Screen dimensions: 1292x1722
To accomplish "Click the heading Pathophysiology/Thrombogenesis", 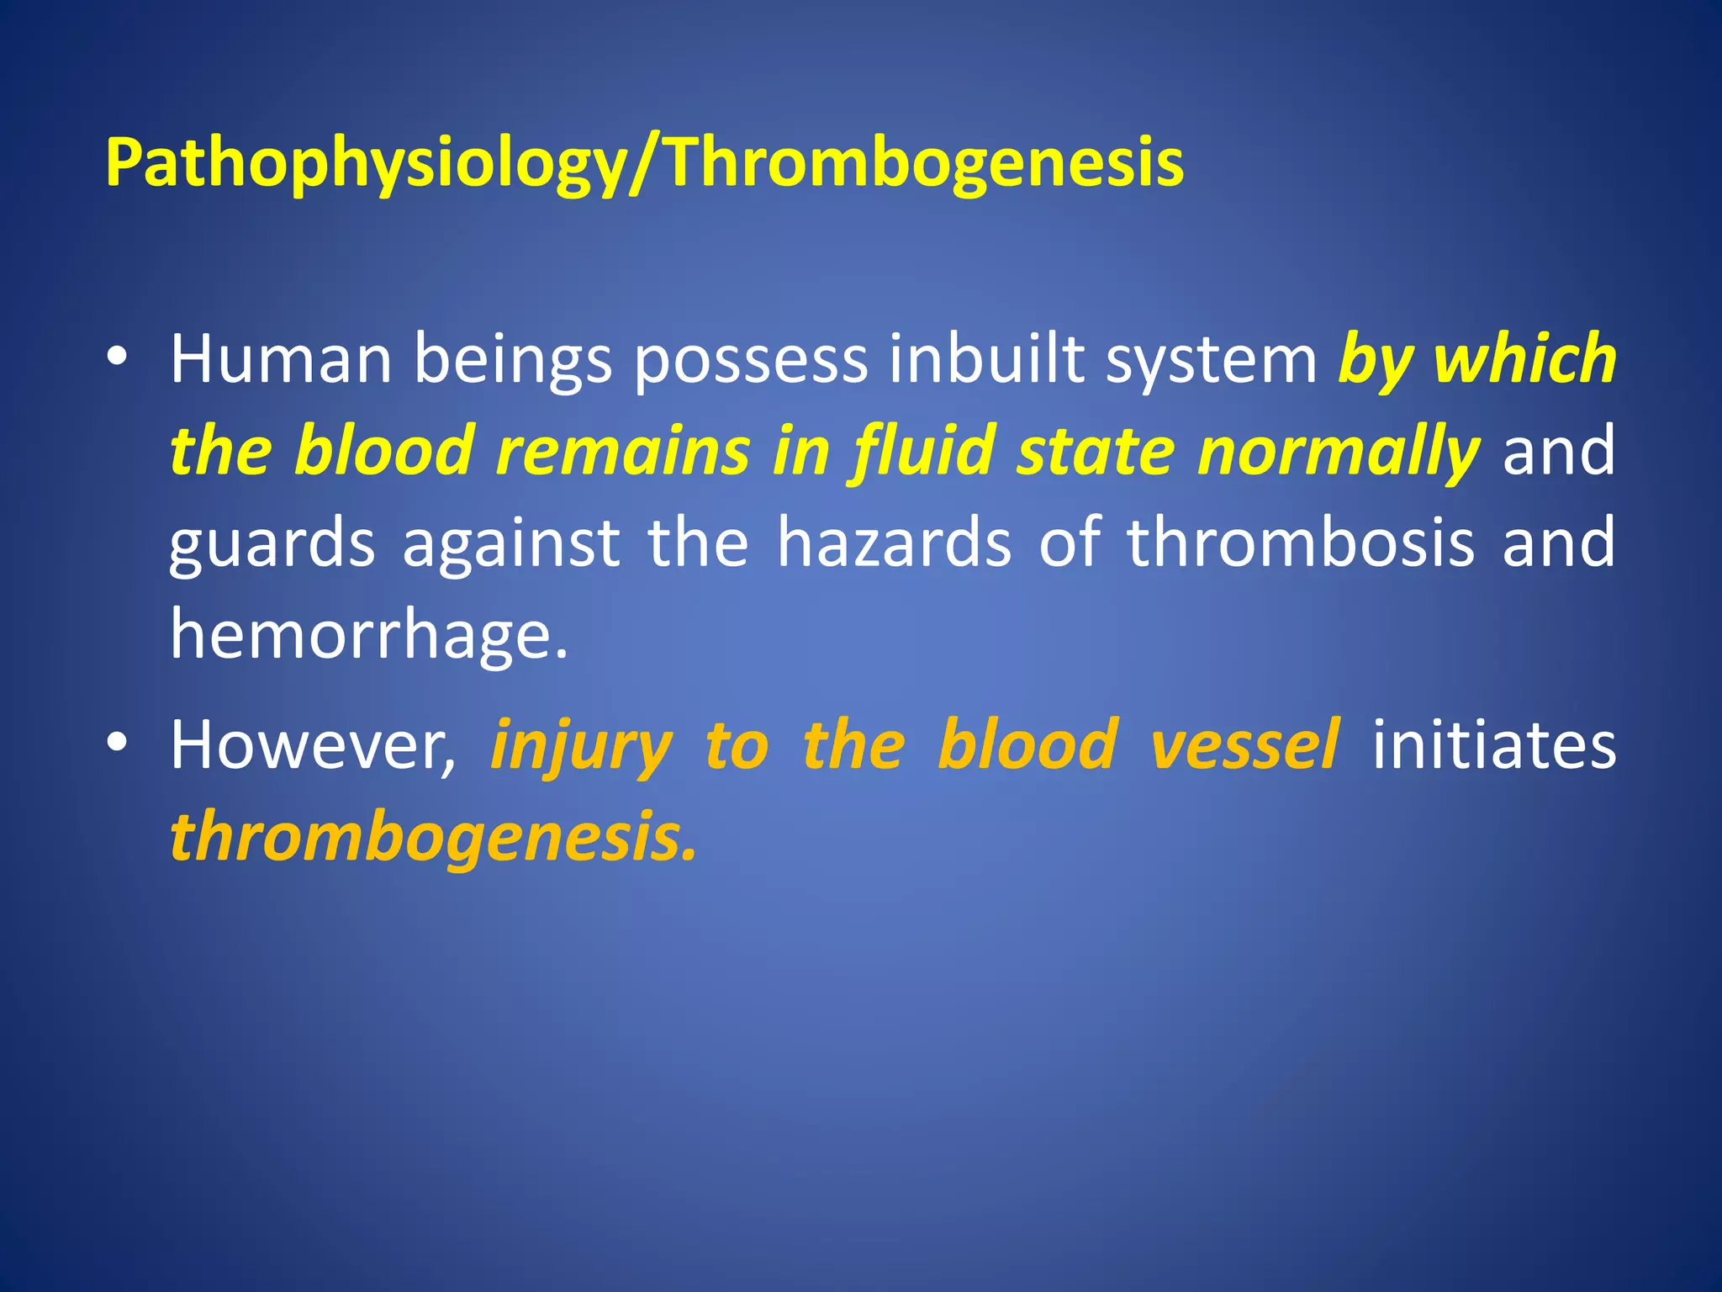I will [644, 162].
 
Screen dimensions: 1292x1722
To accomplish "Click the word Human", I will [281, 360].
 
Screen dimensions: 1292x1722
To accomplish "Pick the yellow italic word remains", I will [622, 452].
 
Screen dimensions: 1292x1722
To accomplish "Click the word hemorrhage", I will [368, 635].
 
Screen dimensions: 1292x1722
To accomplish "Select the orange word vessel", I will [1245, 745].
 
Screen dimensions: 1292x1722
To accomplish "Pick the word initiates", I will [1494, 745].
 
